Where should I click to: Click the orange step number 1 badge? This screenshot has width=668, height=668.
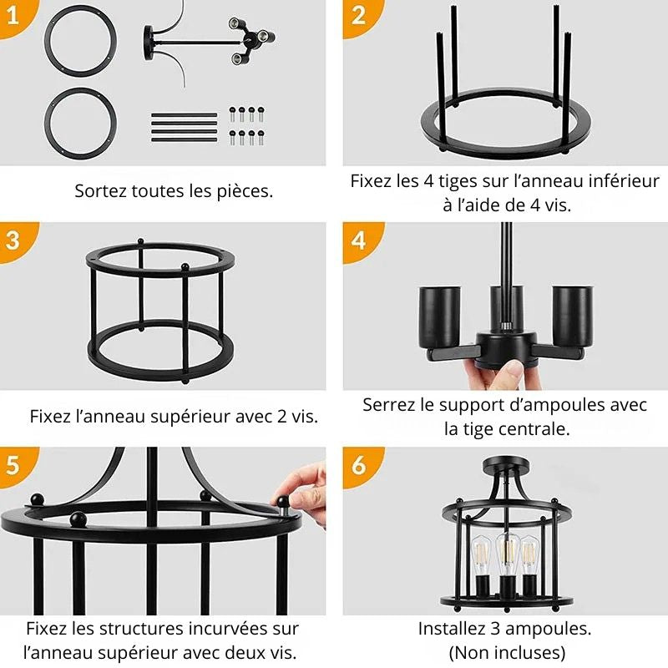coord(16,17)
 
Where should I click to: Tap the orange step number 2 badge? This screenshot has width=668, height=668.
coord(361,17)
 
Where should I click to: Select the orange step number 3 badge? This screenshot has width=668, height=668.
coord(16,240)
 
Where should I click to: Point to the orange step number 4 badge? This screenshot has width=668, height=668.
coord(361,240)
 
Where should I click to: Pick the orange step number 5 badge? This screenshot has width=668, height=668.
coord(16,465)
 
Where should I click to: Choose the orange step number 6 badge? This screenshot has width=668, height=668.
coord(361,465)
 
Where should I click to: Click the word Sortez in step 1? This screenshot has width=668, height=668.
coord(101,191)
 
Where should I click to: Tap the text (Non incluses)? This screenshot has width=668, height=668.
coord(507,652)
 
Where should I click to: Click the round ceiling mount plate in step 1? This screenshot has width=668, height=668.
coord(149,43)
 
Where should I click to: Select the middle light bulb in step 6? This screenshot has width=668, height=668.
coord(508,554)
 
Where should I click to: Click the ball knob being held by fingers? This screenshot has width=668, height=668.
coord(283,501)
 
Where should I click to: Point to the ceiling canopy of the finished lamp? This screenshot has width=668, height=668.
coord(507,463)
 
